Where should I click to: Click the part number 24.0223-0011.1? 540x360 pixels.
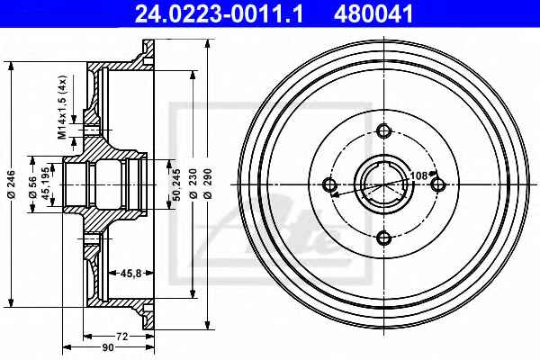tap(219, 13)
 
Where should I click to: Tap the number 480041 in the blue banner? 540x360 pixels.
tap(373, 13)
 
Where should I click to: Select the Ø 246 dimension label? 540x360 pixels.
tap(12, 184)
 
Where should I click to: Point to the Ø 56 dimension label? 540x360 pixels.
tap(32, 187)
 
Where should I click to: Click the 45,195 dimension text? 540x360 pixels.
tap(46, 184)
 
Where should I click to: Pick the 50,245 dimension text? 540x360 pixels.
tap(176, 184)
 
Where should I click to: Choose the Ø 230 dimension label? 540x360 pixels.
tap(193, 184)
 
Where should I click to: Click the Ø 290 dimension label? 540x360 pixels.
tap(208, 184)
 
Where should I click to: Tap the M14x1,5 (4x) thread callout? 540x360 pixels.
tap(62, 107)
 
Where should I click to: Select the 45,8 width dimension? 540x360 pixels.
tap(130, 274)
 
